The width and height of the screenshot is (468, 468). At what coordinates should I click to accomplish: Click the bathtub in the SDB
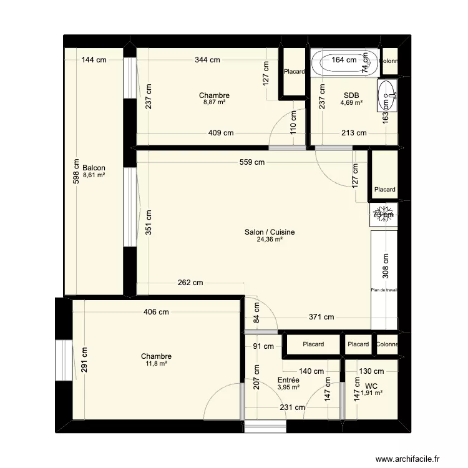coord(344,62)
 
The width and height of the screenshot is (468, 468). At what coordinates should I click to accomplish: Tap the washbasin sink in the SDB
coord(388,95)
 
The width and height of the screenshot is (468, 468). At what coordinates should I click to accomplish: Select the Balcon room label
coord(94,168)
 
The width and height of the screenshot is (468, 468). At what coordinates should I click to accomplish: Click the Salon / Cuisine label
coord(270,232)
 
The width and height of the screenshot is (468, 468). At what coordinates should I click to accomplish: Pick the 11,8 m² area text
coord(156,363)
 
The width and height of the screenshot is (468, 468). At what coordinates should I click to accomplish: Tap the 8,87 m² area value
coord(214,102)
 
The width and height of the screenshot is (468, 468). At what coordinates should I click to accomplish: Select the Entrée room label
coord(288,379)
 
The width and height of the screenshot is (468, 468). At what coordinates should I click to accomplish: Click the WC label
coord(372,386)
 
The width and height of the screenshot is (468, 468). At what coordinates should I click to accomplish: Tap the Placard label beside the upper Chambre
coord(294,72)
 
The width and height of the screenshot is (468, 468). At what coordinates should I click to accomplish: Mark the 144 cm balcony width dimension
coord(94,61)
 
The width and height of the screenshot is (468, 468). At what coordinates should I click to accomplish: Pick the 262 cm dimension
coord(190,282)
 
